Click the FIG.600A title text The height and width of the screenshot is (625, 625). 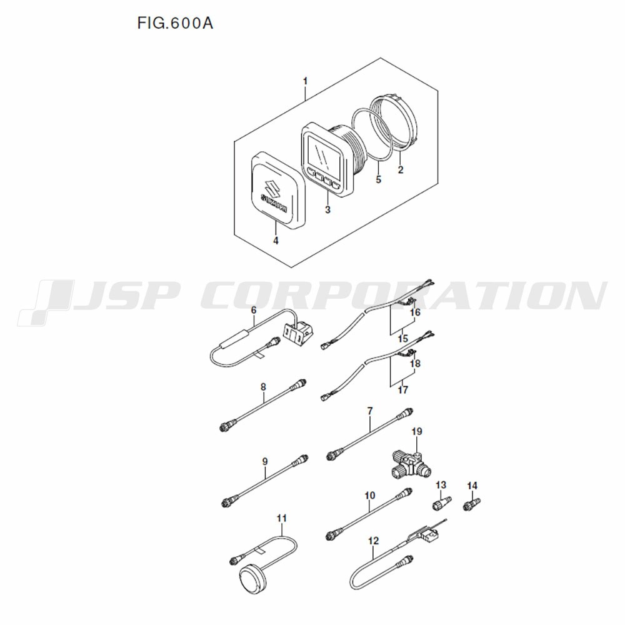coord(176,24)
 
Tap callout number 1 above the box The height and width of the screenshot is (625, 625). coord(306,81)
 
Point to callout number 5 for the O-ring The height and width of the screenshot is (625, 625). coord(378,179)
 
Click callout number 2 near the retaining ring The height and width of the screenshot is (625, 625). coord(401,170)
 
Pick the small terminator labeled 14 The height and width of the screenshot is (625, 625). coord(472,504)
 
